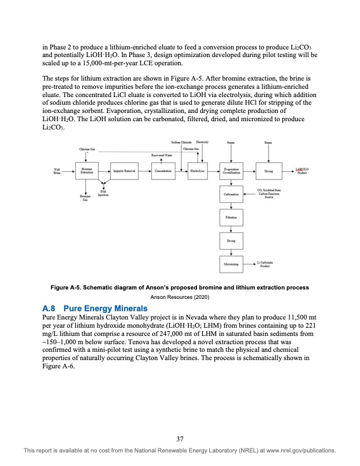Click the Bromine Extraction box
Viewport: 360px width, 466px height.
pos(86,171)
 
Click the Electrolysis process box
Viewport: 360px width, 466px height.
pos(196,171)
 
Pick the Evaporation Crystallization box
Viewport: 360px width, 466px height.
pos(230,171)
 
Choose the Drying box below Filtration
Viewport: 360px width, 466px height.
pos(230,241)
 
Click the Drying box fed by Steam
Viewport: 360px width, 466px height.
pos(268,171)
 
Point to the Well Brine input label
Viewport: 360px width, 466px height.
pos(56,171)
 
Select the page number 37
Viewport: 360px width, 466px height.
pos(180,437)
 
